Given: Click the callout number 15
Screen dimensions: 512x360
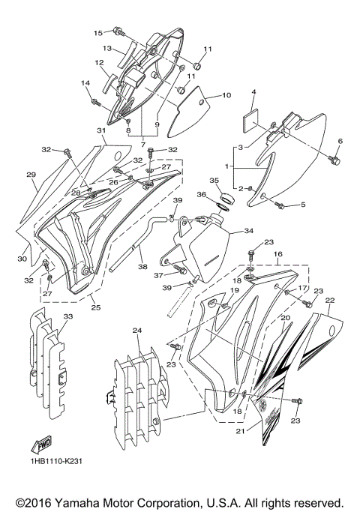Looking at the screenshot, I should click(x=97, y=33).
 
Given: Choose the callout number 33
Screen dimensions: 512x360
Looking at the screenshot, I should click(x=69, y=317).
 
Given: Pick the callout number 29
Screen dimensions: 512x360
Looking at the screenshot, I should click(x=31, y=175).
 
